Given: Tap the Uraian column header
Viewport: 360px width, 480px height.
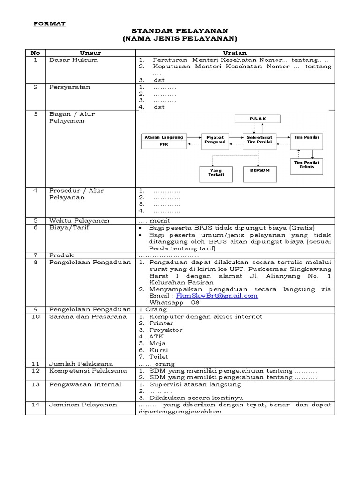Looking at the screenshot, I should pyautogui.click(x=234, y=53).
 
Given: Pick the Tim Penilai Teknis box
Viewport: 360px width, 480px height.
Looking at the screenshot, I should pyautogui.click(x=307, y=165).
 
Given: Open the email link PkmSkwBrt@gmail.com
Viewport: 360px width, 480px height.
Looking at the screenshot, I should pyautogui.click(x=217, y=296).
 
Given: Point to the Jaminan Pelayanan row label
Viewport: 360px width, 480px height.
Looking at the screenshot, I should pyautogui.click(x=83, y=405).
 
